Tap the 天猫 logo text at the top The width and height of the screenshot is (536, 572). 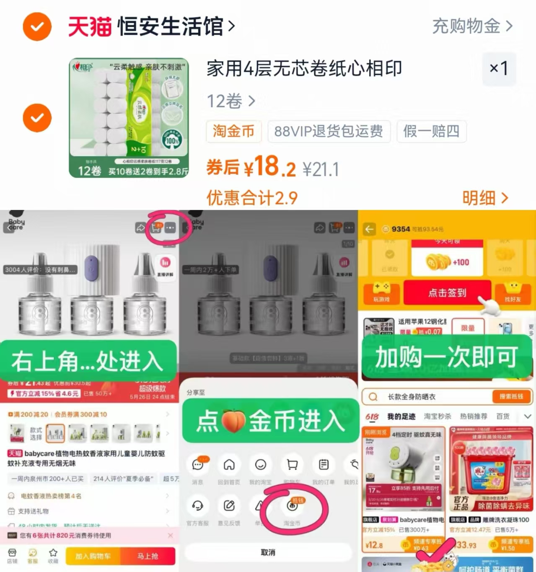click(x=90, y=27)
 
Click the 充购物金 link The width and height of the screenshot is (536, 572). click(x=472, y=26)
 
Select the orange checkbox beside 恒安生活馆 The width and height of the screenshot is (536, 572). click(x=37, y=27)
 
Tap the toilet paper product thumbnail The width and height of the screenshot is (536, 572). click(x=129, y=118)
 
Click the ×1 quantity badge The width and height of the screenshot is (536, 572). click(x=499, y=68)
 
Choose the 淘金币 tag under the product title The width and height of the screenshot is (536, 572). click(x=233, y=131)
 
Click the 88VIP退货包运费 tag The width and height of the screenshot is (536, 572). click(x=329, y=131)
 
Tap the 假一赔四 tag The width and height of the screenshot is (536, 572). click(x=431, y=131)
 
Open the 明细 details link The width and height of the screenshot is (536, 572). click(x=485, y=198)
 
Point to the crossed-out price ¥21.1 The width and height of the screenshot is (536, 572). click(x=321, y=170)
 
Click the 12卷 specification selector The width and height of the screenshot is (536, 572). click(x=230, y=101)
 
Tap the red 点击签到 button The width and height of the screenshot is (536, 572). click(x=447, y=292)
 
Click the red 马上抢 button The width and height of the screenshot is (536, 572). click(x=148, y=556)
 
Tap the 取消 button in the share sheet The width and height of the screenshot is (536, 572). click(x=268, y=552)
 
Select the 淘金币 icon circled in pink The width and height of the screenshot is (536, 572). click(x=292, y=506)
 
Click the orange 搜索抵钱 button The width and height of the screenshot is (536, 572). click(x=511, y=396)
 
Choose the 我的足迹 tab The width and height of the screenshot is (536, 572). click(x=401, y=417)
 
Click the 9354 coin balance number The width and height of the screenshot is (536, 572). click(x=400, y=229)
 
